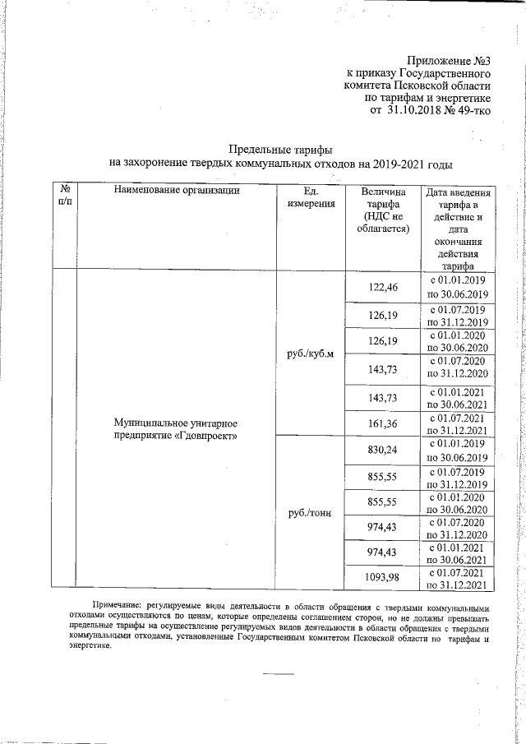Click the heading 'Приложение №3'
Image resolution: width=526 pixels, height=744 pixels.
coord(449,59)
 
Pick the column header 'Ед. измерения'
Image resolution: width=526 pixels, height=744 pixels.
coord(311,198)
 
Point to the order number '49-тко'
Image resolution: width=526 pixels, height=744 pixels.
coord(471,109)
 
